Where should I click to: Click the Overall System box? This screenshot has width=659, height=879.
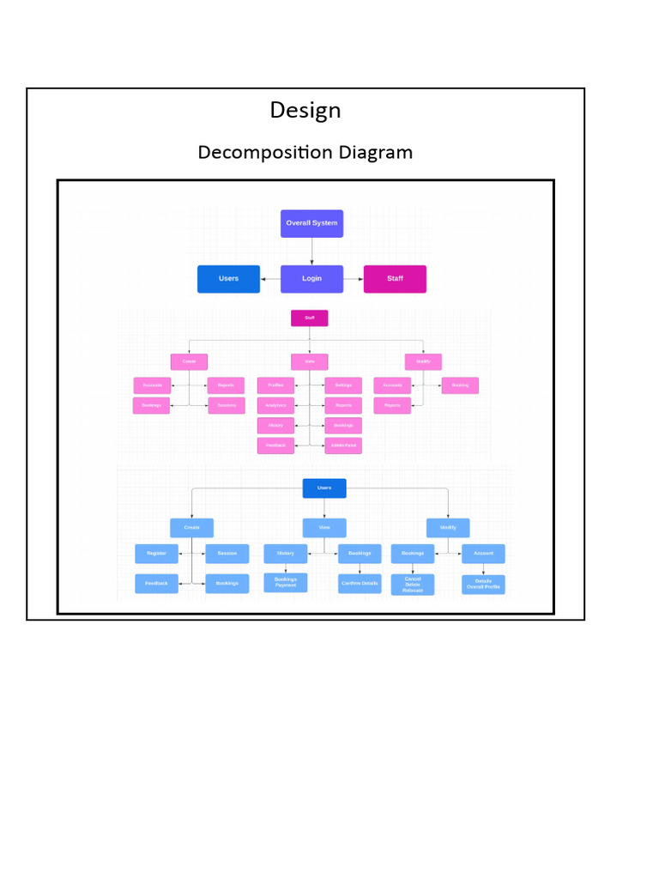tap(311, 223)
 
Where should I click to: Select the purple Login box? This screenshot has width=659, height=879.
tap(311, 279)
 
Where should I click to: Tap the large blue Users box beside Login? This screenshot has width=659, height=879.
tap(228, 279)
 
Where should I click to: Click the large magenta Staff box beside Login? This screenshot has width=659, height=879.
tap(395, 279)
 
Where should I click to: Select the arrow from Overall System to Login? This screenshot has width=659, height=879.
tap(312, 252)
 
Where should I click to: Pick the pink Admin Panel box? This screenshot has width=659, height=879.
tap(343, 446)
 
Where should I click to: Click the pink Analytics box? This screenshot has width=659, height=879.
tap(275, 405)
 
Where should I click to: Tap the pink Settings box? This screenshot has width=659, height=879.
tap(343, 385)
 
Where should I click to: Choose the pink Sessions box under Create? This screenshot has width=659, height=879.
tap(227, 405)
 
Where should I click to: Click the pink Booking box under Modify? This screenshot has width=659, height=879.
tap(460, 385)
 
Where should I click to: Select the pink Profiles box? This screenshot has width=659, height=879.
tap(275, 385)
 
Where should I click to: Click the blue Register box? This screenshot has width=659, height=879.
tap(156, 554)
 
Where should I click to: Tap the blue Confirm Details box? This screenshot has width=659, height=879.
tap(360, 584)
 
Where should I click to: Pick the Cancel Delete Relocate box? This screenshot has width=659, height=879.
tap(413, 585)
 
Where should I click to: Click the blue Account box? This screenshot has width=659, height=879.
tap(483, 554)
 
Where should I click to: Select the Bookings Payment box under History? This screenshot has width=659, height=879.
tap(285, 582)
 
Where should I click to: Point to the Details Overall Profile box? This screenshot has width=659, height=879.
tap(483, 585)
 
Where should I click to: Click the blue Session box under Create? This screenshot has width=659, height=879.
tap(227, 554)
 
